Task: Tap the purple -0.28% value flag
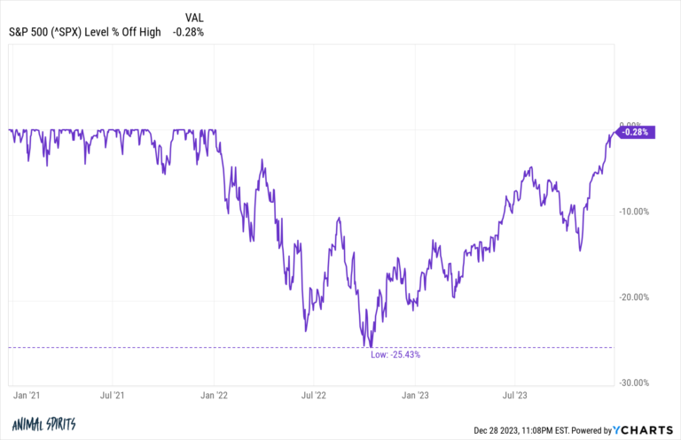point(635,132)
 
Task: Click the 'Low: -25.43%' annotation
point(395,354)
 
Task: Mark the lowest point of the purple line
point(370,347)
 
